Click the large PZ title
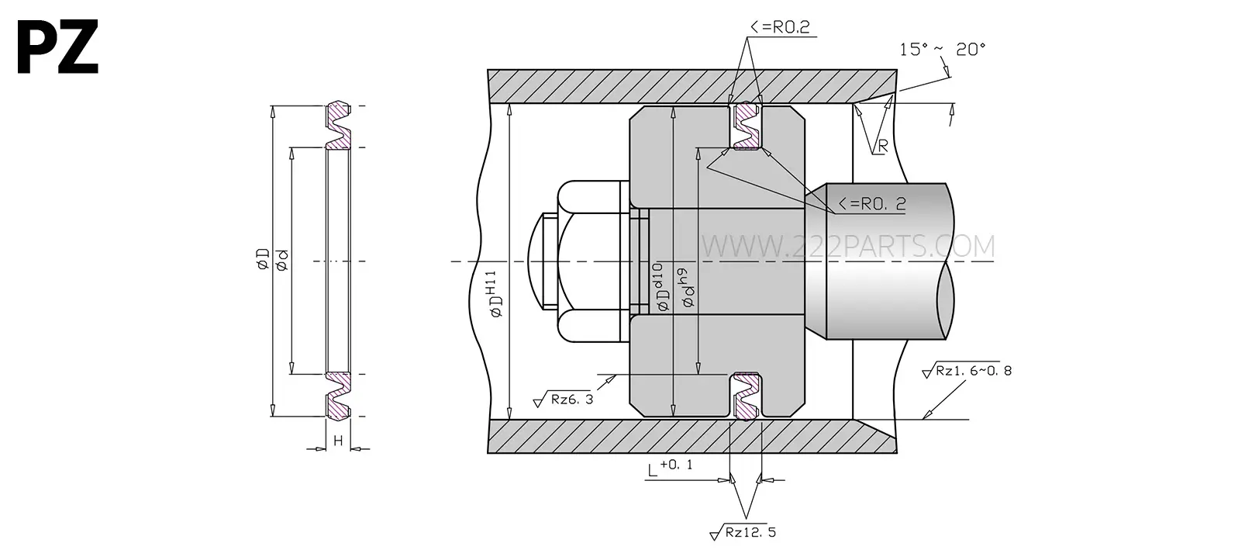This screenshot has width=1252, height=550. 57,47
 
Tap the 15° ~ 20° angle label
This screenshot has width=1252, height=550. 943,49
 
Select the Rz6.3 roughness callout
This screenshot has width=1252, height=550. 564,400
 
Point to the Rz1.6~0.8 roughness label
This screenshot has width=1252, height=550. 967,370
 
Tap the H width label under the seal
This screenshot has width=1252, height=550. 338,441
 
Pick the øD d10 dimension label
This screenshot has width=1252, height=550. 661,286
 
